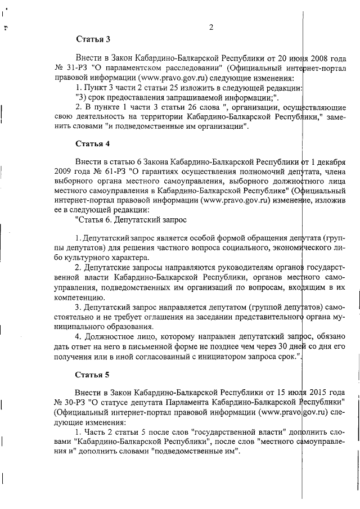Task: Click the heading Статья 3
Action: tap(93, 39)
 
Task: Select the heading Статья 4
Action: tap(93, 143)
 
